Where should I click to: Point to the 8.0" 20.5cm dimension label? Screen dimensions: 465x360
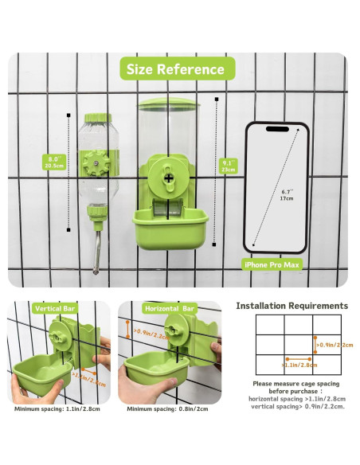click(54, 162)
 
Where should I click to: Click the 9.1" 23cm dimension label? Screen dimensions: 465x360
click(229, 166)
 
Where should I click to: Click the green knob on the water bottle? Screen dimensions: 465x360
click(101, 164)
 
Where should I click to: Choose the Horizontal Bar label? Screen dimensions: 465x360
click(167, 307)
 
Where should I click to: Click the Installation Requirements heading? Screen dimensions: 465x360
click(292, 306)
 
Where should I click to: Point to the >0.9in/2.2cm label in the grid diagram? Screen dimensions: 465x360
click(331, 346)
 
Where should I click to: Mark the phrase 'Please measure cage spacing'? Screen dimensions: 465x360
click(292, 383)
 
